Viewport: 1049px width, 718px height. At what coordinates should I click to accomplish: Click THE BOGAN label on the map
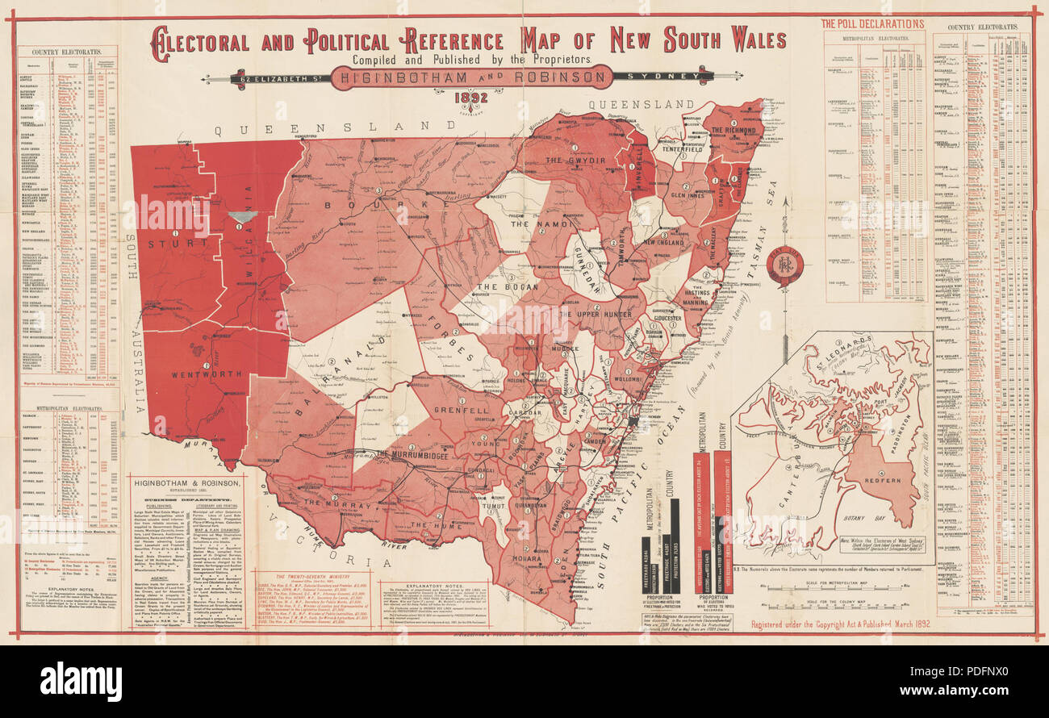coord(499,287)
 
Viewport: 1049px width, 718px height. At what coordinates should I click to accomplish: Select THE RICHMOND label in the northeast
coord(733,130)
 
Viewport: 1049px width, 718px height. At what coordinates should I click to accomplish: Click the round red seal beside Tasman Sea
coord(785,265)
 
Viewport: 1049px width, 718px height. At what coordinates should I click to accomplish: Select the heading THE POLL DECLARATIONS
coord(872,24)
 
